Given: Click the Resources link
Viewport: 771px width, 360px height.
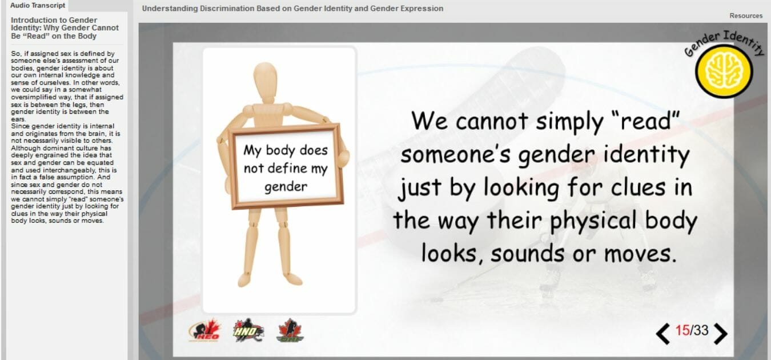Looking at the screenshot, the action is point(746,16).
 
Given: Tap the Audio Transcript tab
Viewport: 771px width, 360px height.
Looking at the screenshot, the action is point(38,6).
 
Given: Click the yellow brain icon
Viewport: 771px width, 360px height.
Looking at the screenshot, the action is point(724,71).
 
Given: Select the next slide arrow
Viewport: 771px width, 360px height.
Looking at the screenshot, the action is point(720,334).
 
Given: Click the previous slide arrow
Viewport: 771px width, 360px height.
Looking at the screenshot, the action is point(663,334).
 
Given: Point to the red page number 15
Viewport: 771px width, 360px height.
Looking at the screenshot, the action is point(682,330).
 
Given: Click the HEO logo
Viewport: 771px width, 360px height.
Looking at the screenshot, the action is point(204,330).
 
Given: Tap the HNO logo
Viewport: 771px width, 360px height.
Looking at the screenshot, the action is point(248,330).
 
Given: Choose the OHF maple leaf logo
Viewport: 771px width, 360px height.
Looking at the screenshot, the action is point(291,330).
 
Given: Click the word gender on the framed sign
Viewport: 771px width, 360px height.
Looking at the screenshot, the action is point(286,187).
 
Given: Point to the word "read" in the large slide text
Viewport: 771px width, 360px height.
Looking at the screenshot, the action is point(646,121).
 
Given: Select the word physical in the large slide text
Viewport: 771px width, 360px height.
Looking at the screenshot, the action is point(593,221).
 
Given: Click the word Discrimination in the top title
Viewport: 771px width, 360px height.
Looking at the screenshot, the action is point(227,8).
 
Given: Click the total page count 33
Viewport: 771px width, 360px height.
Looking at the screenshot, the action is point(701,330).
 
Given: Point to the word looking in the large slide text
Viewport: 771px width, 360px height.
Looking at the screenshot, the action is point(521,189).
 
